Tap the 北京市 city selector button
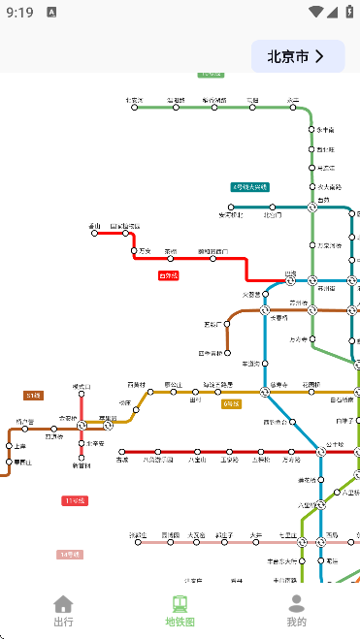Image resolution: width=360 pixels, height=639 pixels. click(x=298, y=57)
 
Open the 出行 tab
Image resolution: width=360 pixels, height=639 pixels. click(x=63, y=611)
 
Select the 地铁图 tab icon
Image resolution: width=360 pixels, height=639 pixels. click(x=180, y=604)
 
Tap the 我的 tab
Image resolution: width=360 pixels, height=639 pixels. click(x=297, y=611)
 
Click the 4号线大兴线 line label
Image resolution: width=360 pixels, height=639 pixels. click(x=249, y=186)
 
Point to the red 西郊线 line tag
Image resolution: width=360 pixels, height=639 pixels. click(x=169, y=275)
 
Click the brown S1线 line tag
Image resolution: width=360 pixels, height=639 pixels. click(x=34, y=396)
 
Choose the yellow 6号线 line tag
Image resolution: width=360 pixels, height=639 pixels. click(x=231, y=403)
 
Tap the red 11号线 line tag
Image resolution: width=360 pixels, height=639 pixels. click(x=75, y=500)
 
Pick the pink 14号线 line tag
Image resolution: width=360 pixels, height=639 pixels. click(x=70, y=555)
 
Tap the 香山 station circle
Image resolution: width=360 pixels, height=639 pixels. click(x=95, y=233)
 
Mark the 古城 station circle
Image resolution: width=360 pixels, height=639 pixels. click(x=122, y=452)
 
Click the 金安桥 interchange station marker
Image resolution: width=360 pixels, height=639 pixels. click(x=82, y=425)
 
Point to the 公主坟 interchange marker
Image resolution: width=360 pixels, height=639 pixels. click(x=320, y=452)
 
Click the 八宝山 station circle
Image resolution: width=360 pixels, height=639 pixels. click(x=197, y=452)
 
